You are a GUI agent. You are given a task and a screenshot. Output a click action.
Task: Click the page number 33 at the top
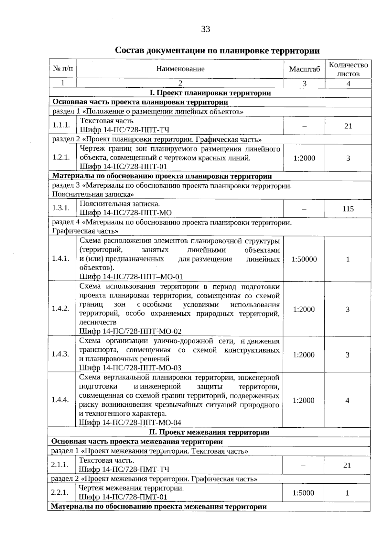tap(205, 29)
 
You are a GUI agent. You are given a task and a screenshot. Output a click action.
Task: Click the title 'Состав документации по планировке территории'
tap(217, 51)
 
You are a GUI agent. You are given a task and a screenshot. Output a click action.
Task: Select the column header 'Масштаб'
tap(304, 69)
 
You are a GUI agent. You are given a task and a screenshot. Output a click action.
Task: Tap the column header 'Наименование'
tap(180, 69)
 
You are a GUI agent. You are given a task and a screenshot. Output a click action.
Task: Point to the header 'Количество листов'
tap(348, 69)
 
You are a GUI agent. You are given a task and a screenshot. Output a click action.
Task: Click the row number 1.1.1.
tap(61, 125)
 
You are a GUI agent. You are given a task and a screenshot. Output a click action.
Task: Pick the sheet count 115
tap(348, 209)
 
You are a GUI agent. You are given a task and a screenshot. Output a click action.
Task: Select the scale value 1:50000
tap(304, 259)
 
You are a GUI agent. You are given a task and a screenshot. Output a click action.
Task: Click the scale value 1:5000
tap(303, 493)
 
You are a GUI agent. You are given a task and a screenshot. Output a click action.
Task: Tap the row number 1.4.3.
tap(60, 354)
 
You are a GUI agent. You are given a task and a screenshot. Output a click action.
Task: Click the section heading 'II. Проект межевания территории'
tap(209, 432)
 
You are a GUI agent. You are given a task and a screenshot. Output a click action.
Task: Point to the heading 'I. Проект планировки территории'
tap(210, 93)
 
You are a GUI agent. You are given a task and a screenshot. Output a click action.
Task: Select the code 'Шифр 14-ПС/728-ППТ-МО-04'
tap(130, 423)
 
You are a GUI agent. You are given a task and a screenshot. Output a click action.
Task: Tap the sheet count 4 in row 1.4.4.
tap(347, 401)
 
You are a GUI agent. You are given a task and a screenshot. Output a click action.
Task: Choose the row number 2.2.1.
tap(60, 492)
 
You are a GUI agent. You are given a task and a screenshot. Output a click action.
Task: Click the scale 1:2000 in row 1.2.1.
tap(304, 158)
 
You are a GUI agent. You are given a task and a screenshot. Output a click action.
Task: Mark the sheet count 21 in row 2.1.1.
tap(347, 465)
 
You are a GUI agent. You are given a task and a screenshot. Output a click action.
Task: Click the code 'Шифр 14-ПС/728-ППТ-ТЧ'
tap(124, 130)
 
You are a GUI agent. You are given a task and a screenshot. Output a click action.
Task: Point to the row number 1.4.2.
tap(60, 308)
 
